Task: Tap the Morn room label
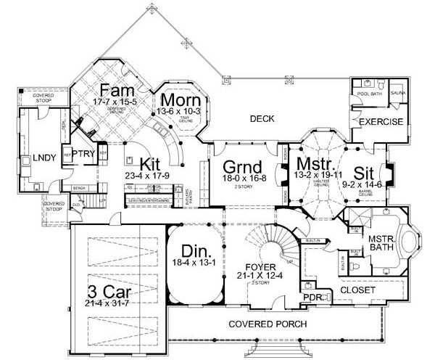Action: click(x=175, y=99)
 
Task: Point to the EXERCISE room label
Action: click(x=381, y=121)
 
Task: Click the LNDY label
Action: click(x=34, y=157)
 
